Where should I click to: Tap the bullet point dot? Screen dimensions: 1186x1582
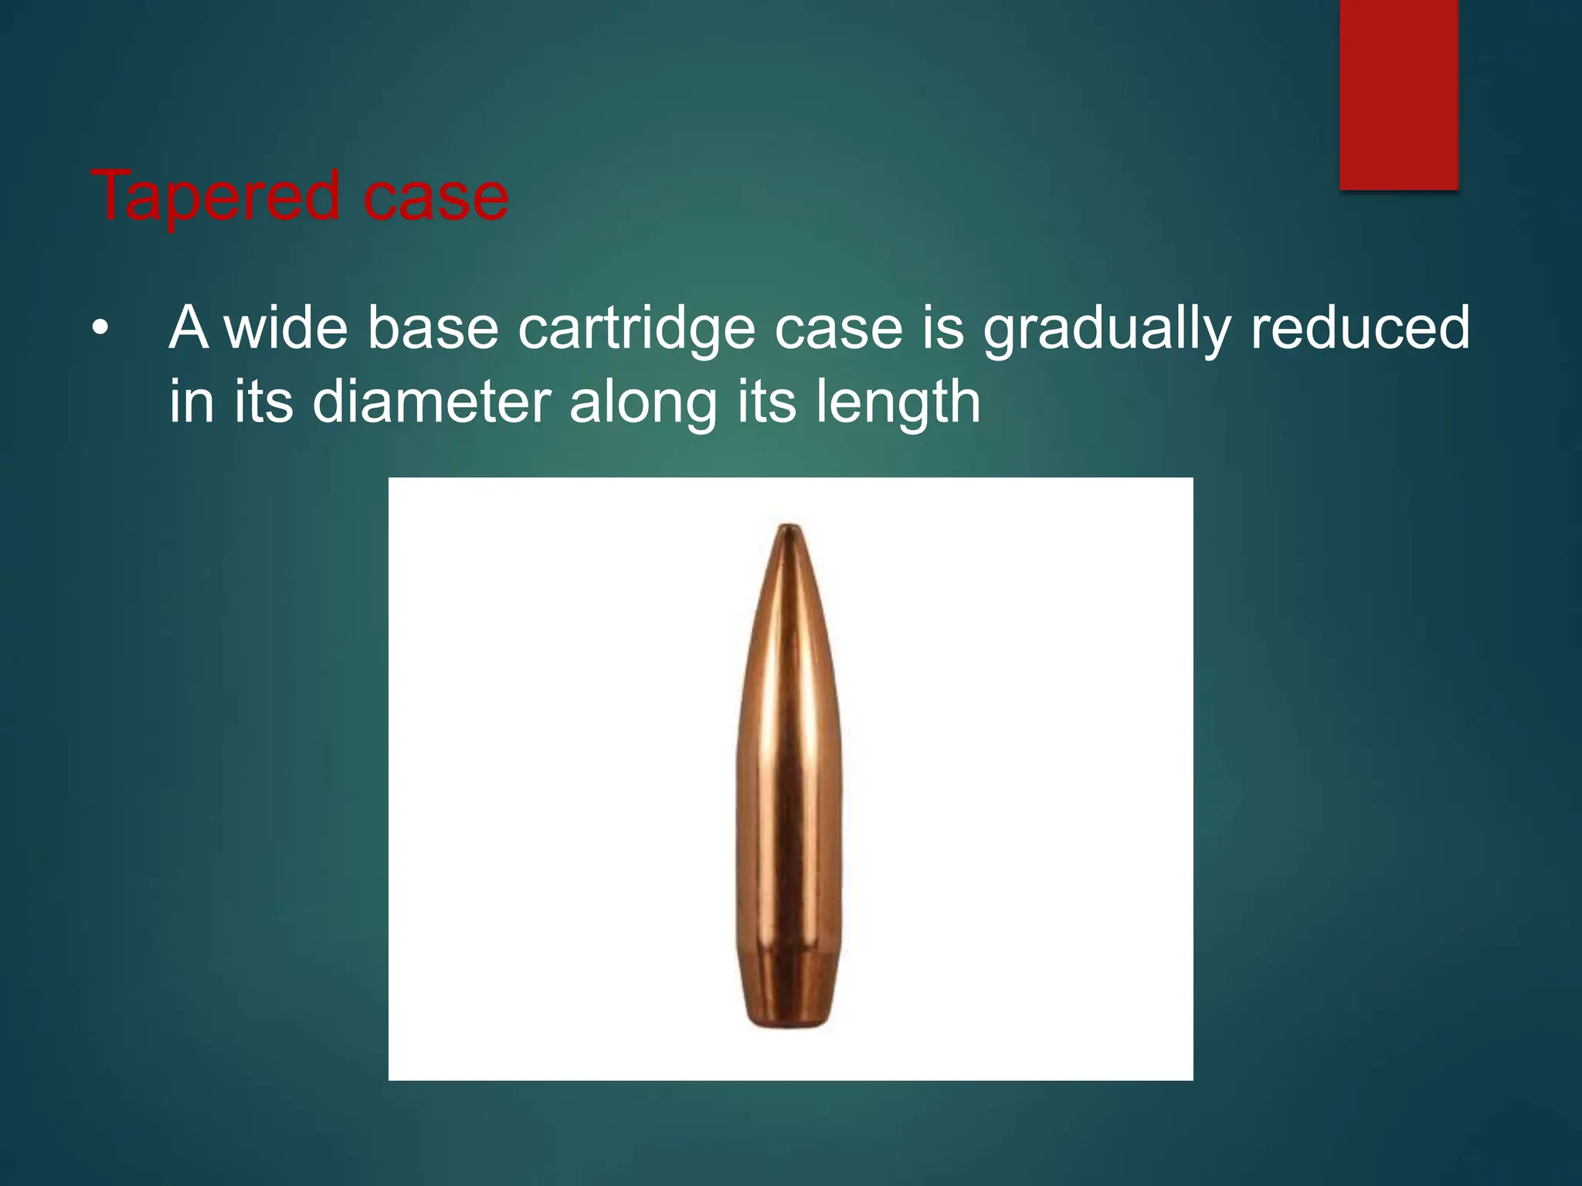click(99, 330)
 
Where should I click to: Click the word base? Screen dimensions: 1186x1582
click(433, 328)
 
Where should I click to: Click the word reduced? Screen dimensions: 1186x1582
click(1360, 328)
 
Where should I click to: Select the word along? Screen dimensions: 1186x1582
click(643, 403)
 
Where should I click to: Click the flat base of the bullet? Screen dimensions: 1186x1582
click(789, 1025)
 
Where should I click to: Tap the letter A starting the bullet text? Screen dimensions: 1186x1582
click(188, 328)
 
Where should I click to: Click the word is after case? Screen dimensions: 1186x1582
click(942, 328)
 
